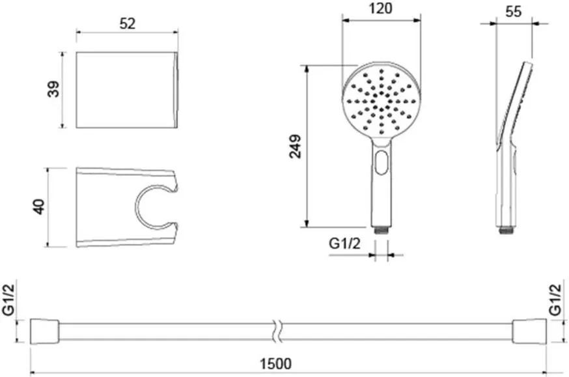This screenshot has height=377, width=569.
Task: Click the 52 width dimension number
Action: point(128,23)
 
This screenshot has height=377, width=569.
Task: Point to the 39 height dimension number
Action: point(53,89)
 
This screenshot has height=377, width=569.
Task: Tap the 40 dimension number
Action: point(39,206)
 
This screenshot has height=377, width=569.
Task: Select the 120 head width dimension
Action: point(381,8)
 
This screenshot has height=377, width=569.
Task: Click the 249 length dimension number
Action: point(296,147)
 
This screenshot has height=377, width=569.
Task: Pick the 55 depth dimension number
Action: point(514,11)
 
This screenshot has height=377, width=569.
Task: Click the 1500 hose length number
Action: point(276,363)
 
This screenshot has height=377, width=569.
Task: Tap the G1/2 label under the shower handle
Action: point(345,243)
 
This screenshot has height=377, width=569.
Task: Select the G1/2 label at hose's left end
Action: point(8,300)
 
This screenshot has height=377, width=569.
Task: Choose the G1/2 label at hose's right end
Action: point(555,300)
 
